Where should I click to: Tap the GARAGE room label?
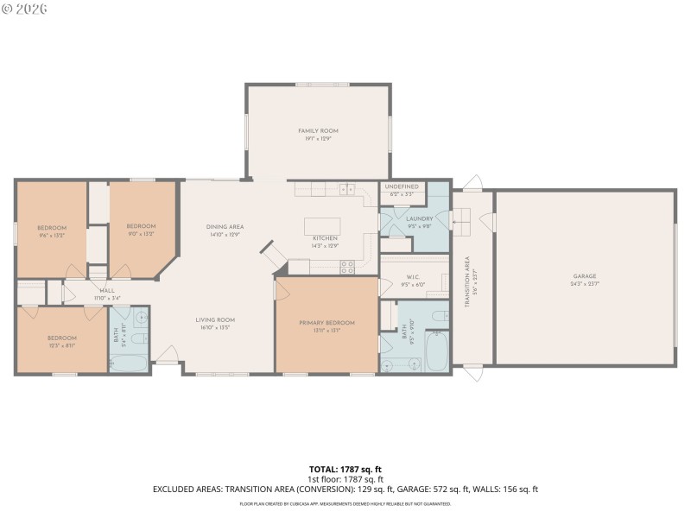tap(584, 276)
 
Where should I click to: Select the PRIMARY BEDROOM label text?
tap(326, 323)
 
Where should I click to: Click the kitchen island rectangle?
tap(322, 226)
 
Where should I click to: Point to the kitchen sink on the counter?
tap(346, 189)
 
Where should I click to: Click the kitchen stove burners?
tap(347, 268)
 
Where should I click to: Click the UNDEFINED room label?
tap(402, 186)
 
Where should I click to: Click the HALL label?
tap(107, 291)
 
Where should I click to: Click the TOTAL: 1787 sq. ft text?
tap(345, 469)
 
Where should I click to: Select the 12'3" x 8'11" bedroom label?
tap(62, 344)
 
